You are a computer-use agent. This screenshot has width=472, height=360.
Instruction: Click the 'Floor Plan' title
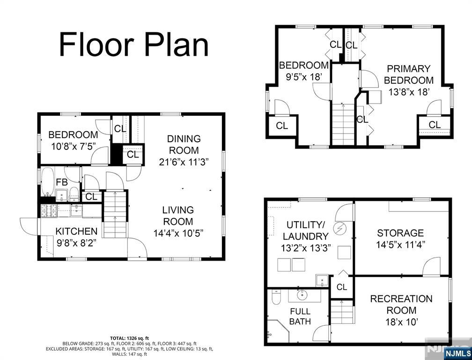(x=133, y=45)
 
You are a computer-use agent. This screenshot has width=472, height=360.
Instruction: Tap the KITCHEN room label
(x=76, y=232)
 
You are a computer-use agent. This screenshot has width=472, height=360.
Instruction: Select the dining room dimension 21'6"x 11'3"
(x=184, y=162)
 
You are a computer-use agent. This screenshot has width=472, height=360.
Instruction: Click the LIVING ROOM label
(x=178, y=216)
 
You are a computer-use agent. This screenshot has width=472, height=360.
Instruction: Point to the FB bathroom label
(x=62, y=182)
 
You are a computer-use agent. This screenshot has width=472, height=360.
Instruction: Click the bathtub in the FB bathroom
(x=48, y=182)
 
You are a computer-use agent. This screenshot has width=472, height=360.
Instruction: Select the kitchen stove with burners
(x=49, y=210)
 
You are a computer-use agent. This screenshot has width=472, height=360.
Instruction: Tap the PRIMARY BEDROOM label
(x=409, y=75)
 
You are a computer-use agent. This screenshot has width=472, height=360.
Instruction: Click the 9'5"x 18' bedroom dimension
(x=304, y=77)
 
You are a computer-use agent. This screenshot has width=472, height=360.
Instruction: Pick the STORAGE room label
(x=400, y=233)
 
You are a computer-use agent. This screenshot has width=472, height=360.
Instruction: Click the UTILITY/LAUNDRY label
(x=305, y=231)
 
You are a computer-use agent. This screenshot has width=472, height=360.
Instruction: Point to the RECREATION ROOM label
(x=401, y=304)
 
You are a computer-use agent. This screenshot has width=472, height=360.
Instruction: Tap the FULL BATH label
(x=300, y=316)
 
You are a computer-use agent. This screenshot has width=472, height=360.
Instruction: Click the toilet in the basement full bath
(x=276, y=297)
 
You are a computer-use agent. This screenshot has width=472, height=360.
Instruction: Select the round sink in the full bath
(x=302, y=295)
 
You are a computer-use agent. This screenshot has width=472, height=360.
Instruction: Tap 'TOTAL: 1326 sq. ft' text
(x=129, y=338)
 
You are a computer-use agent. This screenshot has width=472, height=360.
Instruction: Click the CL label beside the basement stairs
(x=342, y=287)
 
